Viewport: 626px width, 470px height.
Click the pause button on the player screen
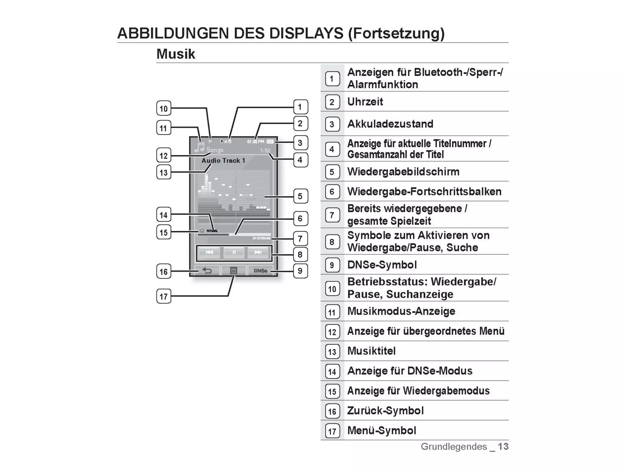coord(234,252)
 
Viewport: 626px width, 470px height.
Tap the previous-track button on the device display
coord(209,252)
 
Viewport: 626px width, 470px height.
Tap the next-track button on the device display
coord(258,252)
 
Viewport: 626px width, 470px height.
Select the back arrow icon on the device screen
coord(207,271)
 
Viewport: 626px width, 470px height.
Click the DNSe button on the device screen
coord(260,271)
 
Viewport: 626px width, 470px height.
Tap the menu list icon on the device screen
coord(234,271)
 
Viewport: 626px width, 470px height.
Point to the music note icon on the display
coord(199,147)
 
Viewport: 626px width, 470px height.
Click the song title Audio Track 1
coord(223,161)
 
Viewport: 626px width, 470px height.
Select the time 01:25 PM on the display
coord(256,142)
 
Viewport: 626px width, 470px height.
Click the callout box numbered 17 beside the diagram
coord(164,296)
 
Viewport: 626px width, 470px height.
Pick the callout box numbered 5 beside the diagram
coord(300,196)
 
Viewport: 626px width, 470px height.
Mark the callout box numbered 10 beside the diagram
coord(164,108)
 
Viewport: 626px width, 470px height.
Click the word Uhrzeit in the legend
coord(365,102)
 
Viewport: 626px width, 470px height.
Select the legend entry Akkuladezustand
coord(390,124)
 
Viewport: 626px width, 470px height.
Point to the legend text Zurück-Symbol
coord(385,411)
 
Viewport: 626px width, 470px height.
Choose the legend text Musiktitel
coord(371,351)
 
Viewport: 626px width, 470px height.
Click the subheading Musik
coord(176,54)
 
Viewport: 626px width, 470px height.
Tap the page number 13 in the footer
coord(503,446)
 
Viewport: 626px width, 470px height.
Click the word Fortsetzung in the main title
coord(396,33)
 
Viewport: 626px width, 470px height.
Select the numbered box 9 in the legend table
coord(332,265)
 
